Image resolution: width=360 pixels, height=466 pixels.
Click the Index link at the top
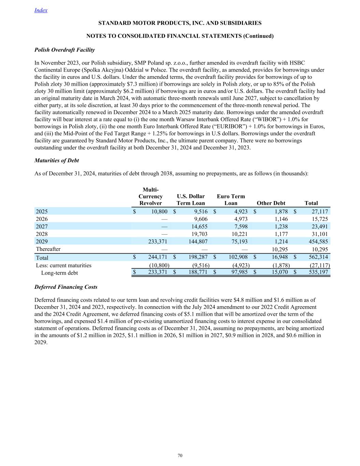(41, 10)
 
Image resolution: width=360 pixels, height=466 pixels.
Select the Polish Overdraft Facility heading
(64, 50)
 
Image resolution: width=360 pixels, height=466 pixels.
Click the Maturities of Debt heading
(57, 160)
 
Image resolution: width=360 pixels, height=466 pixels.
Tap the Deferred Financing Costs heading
(66, 287)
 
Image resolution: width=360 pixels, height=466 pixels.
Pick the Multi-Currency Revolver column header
(150, 196)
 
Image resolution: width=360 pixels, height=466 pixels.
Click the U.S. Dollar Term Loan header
(191, 200)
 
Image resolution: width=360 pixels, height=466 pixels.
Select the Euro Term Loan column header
(231, 200)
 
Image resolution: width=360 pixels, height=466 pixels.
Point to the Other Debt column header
(271, 203)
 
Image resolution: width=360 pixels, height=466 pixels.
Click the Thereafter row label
(48, 249)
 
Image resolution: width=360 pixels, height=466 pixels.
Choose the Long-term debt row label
(59, 273)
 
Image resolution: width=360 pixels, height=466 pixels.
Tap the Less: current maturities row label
(63, 265)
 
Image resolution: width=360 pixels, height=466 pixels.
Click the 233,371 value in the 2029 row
(157, 242)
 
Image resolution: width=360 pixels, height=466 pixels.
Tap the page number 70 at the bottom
(180, 455)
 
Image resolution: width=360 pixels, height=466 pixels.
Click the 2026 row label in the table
(42, 219)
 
